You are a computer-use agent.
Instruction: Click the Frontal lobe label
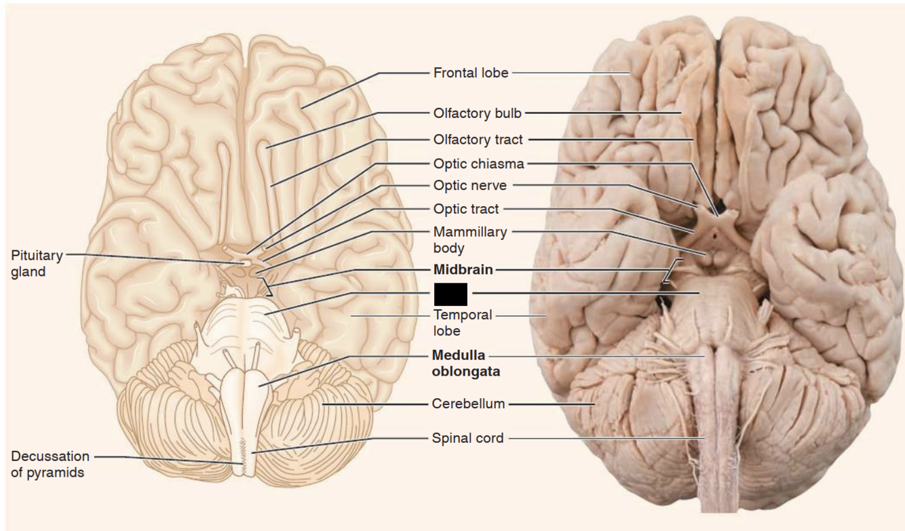coord(470,73)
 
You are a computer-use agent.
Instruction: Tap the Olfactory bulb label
coord(477,113)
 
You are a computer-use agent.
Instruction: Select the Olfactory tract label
coord(478,140)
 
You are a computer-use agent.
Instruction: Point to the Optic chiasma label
coord(478,163)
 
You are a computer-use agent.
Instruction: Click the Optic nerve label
coord(469,185)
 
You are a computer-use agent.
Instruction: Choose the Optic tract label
coord(465,209)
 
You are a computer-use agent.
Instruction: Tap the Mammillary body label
coord(469,239)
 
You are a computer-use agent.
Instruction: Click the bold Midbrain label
coord(463,270)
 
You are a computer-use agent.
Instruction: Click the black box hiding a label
coord(450,294)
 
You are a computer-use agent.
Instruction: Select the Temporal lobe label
coord(462,323)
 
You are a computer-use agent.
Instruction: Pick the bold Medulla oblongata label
coord(465,363)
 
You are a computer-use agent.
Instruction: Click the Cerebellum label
coord(468,404)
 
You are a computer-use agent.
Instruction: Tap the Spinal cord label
coord(467,438)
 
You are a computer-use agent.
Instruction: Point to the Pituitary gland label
coord(37,264)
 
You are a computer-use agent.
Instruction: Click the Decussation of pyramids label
coord(50,464)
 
